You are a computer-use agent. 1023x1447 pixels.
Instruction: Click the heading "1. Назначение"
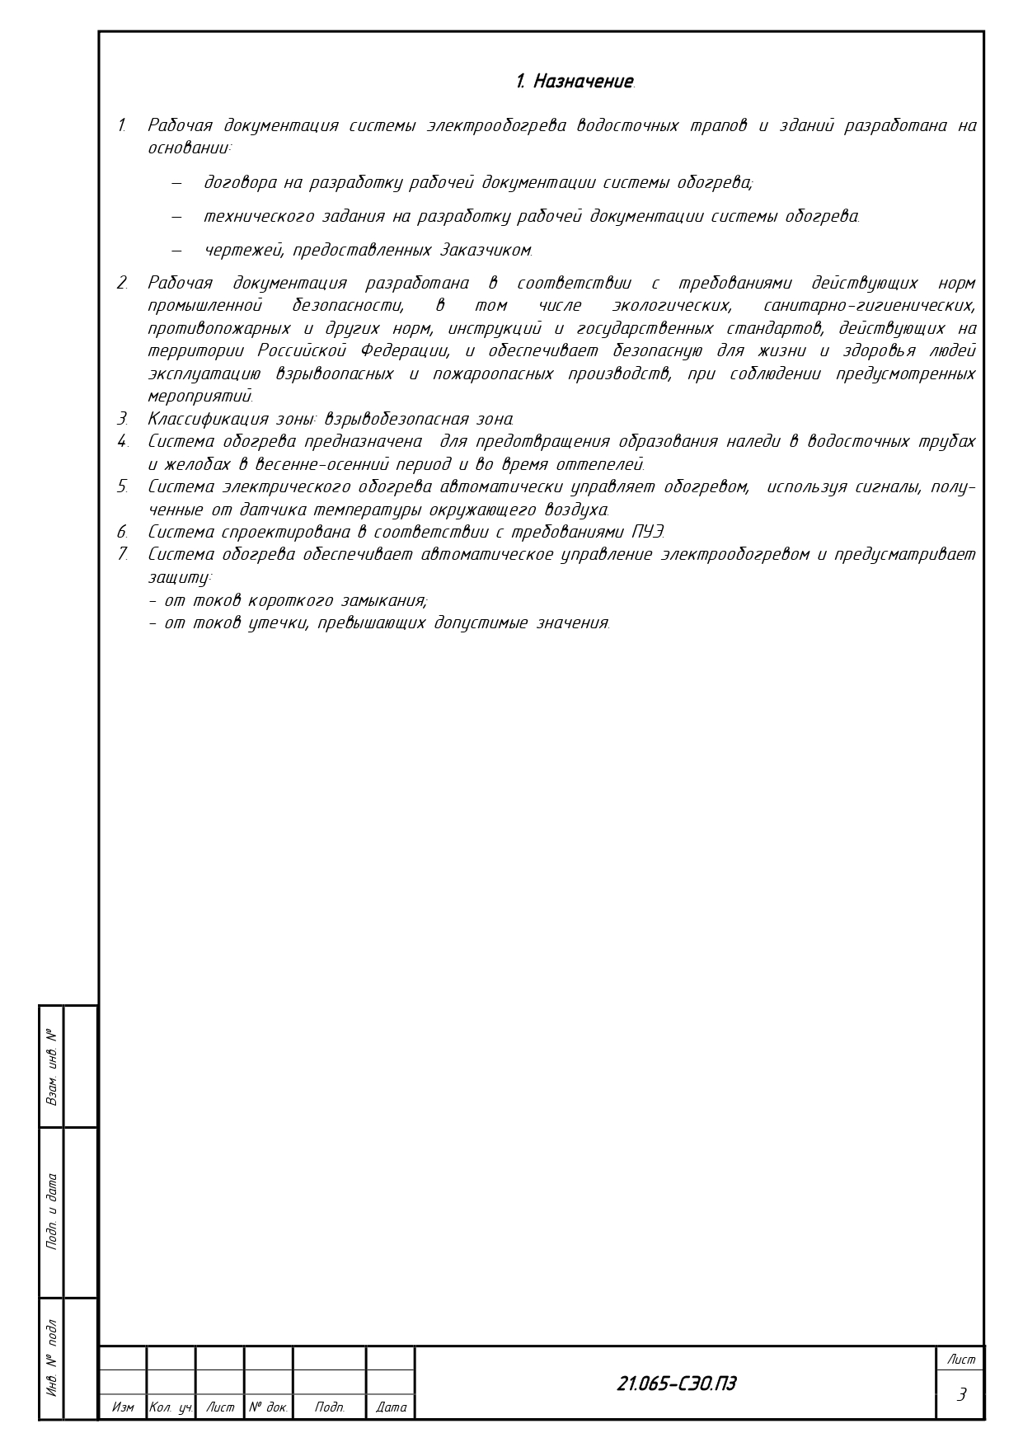575,82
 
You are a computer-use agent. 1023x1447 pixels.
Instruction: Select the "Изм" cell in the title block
123,1407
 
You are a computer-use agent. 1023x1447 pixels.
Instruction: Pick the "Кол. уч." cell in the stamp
171,1407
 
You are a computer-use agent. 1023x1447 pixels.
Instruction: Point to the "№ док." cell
268,1407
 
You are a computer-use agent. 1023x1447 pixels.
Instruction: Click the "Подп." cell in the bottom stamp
329,1407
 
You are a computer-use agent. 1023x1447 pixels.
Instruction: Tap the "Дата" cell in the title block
391,1407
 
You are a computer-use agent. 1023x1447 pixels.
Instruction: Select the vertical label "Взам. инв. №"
52,1067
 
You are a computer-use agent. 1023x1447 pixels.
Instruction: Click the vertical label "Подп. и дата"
52,1211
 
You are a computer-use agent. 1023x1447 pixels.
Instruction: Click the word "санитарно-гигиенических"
869,306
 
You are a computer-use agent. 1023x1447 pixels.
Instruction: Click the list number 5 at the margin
122,486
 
